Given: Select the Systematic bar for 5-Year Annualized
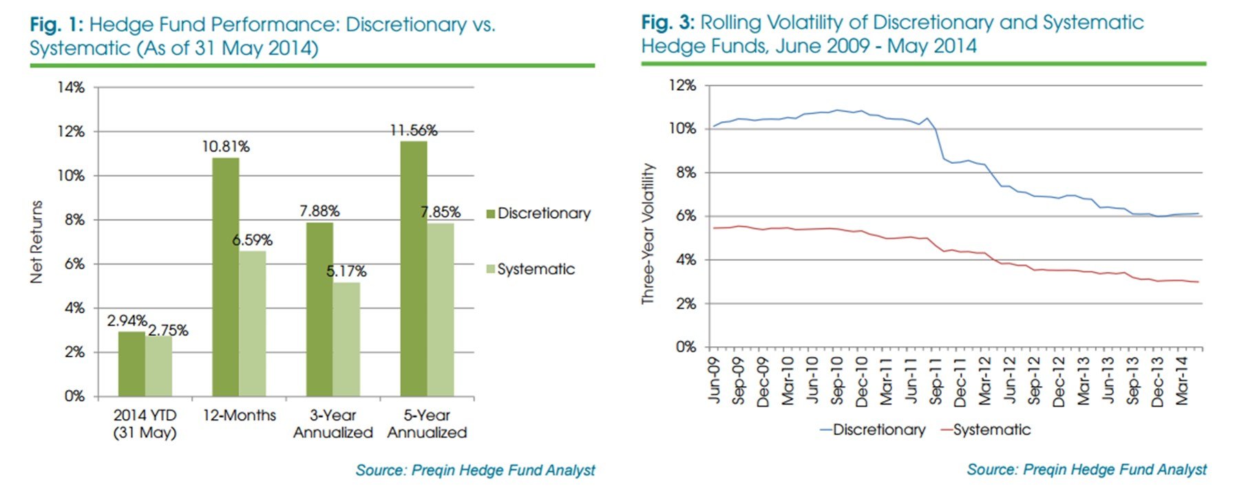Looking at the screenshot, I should [x=440, y=310].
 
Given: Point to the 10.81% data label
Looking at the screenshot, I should [x=226, y=147].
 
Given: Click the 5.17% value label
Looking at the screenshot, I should [x=346, y=271].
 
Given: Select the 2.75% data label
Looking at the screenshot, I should [x=168, y=330].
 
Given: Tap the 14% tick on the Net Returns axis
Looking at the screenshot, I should [x=71, y=87].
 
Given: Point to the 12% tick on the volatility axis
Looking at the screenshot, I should [x=682, y=85].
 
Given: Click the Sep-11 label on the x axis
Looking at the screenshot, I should [x=935, y=381].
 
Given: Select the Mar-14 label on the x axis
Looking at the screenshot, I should [x=1181, y=381].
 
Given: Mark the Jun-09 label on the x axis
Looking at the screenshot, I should [x=713, y=381].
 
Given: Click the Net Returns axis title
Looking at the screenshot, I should [x=36, y=242].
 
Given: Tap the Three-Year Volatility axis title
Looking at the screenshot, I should [x=647, y=234].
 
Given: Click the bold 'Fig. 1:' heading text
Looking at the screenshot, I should [x=56, y=25].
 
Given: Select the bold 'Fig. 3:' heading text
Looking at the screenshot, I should [x=668, y=23].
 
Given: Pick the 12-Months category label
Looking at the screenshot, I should [x=239, y=416].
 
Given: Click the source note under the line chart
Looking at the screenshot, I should [x=1086, y=469].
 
